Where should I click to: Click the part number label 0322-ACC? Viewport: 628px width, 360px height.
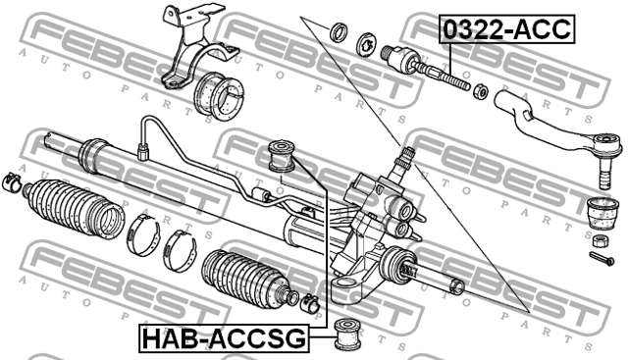[x=506, y=28]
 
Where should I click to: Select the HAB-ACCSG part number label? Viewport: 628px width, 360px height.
[x=224, y=339]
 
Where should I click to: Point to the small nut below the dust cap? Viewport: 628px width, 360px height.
[x=600, y=239]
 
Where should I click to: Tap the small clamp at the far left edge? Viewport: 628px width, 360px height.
[x=13, y=182]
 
